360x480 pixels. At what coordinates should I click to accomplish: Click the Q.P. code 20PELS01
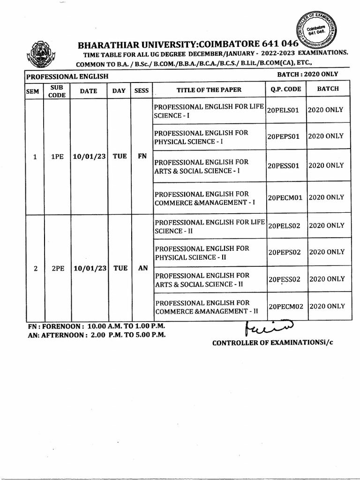286,110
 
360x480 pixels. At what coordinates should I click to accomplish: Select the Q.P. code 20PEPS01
286,136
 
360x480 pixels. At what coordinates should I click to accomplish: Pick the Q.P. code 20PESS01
286,166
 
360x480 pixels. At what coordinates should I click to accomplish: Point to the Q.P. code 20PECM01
286,198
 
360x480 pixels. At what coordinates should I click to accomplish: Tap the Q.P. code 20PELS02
286,225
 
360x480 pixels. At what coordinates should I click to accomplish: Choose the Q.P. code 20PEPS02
286,252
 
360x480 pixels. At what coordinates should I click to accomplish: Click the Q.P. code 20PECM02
286,307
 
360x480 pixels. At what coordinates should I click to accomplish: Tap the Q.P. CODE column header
286,89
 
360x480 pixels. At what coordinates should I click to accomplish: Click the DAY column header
119,90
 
